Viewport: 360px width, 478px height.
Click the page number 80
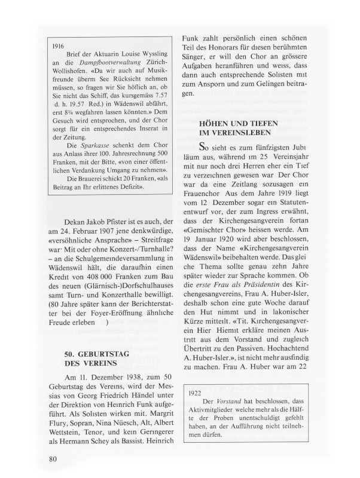(x=53, y=458)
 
